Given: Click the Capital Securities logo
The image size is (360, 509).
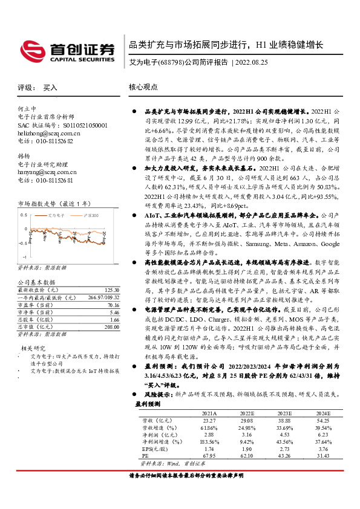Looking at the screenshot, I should click(67, 51).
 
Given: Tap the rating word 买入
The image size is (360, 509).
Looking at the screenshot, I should click(50, 88).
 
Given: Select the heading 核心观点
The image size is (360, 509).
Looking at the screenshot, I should click(143, 87).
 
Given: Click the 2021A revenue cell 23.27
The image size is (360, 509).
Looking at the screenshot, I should click(209, 420).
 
